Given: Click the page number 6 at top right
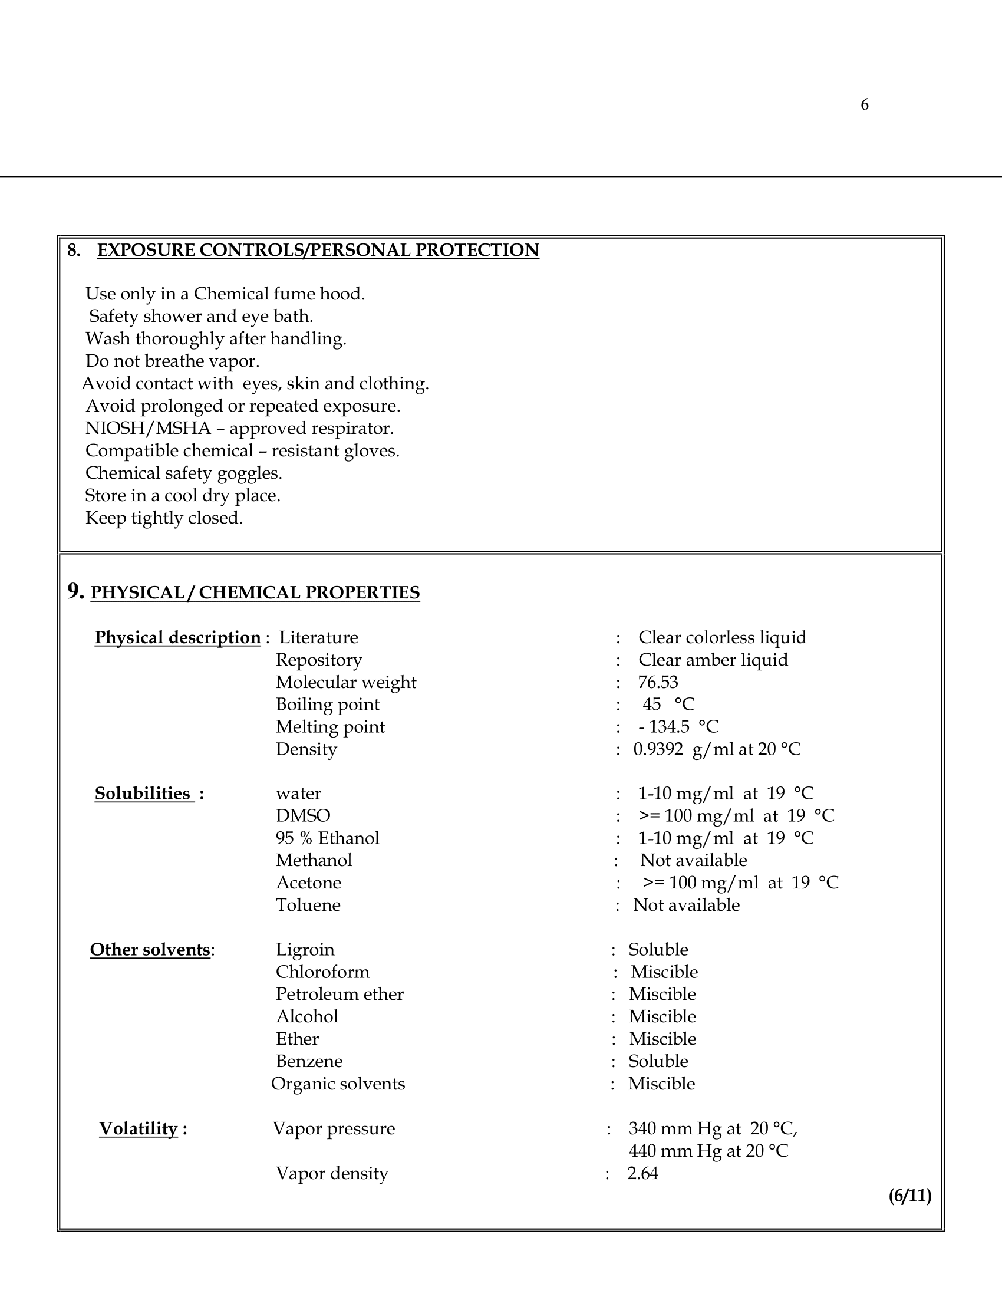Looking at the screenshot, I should [x=864, y=105].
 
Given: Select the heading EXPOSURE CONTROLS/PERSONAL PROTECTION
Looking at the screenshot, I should [x=318, y=250].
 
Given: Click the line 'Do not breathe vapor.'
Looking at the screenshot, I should [x=172, y=361].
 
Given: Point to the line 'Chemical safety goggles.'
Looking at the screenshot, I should [x=183, y=473].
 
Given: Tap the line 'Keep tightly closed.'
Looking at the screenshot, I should [x=164, y=518].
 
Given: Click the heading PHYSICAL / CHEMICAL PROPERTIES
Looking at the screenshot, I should [x=255, y=592].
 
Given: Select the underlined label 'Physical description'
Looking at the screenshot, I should [x=177, y=637].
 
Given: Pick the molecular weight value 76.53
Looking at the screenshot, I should [x=658, y=682].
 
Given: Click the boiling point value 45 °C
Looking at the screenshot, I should [x=668, y=705].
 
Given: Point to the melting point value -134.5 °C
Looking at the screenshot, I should [x=678, y=726].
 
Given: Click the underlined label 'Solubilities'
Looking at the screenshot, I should [x=143, y=794].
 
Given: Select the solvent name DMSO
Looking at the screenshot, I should [x=303, y=815].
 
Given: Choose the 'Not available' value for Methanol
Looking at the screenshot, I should [x=693, y=860].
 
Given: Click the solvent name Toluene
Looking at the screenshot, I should [x=308, y=905].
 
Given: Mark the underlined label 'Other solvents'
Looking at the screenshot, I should [x=150, y=950].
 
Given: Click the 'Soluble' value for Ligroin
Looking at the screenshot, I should [x=658, y=950].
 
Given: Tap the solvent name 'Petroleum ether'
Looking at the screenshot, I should [x=340, y=994].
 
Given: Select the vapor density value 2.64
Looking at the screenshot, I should [x=643, y=1173].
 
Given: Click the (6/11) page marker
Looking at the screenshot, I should [x=909, y=1196].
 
